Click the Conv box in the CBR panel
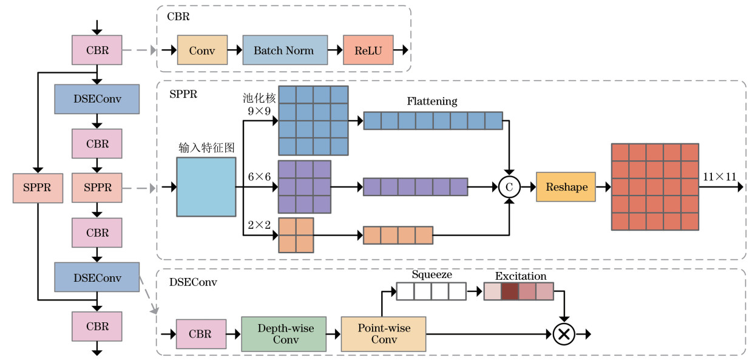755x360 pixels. tap(201, 50)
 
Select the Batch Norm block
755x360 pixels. tap(283, 50)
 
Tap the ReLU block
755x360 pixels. tap(368, 50)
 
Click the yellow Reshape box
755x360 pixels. tap(566, 187)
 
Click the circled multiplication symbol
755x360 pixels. tap(564, 334)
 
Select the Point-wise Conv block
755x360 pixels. tap(384, 334)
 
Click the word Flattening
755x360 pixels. tap(432, 101)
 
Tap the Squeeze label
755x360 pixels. tap(432, 274)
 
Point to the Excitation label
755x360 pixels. tap(521, 276)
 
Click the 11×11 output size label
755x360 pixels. tap(719, 177)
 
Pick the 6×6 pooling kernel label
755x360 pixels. tap(259, 176)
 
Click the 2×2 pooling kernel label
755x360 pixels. tap(259, 224)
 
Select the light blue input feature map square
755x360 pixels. tap(206, 187)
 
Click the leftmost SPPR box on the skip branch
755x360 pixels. tap(38, 188)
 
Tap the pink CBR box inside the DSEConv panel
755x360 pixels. tap(201, 334)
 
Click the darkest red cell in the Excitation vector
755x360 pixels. tap(509, 292)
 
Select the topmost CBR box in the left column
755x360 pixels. tap(97, 50)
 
